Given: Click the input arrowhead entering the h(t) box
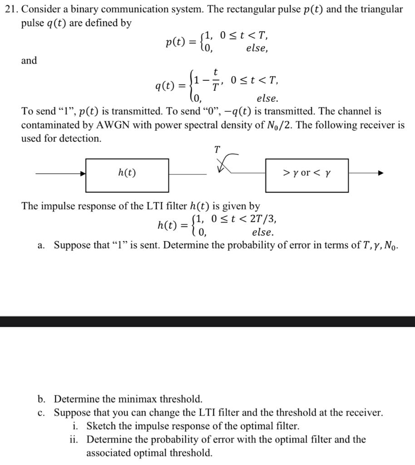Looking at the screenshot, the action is point(83,173).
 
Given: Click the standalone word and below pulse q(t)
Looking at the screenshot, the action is point(29,60).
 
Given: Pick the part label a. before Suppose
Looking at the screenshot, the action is point(41,246).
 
